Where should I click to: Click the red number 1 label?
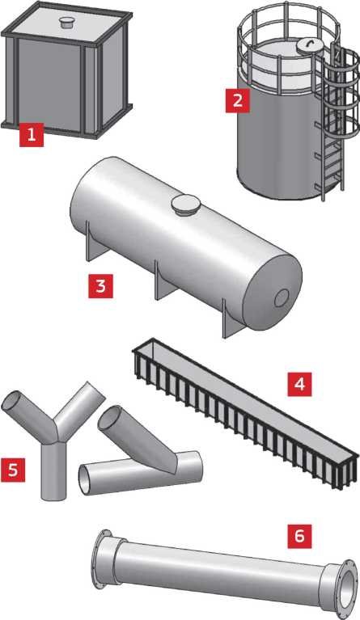[32, 135]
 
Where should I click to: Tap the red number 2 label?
[237, 100]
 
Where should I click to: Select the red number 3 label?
[100, 286]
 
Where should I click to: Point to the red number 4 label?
[299, 384]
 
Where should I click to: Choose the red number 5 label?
[13, 470]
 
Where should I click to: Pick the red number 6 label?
[299, 536]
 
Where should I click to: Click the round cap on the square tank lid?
[66, 22]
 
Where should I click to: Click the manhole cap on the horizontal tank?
[185, 205]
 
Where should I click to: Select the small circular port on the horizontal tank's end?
[282, 298]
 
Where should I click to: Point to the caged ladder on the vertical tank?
[337, 119]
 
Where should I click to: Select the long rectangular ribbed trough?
[245, 413]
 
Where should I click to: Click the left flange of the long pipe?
[104, 559]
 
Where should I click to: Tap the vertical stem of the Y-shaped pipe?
[53, 470]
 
